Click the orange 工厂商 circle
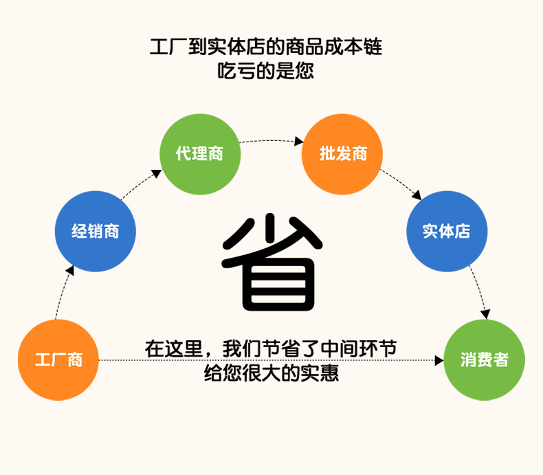click(x=58, y=360)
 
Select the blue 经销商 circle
click(x=96, y=231)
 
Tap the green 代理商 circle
click(x=200, y=153)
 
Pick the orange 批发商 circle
click(x=342, y=153)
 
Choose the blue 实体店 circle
click(x=447, y=231)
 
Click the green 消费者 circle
click(x=484, y=360)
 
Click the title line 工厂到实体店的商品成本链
click(x=265, y=47)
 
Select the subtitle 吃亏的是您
click(x=265, y=70)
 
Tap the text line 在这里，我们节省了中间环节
click(x=271, y=349)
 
